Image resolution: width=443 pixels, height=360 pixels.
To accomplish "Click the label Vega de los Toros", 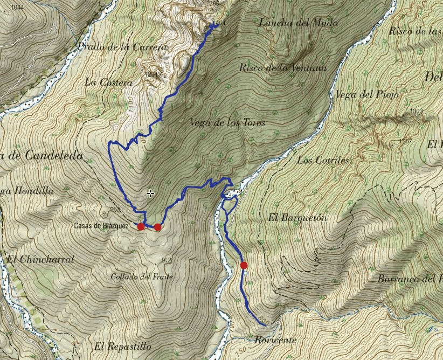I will pos(227,123).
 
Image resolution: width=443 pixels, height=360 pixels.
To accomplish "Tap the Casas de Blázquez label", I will pos(101,226).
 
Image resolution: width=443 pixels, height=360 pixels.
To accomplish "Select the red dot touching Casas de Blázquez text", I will pos(141,226).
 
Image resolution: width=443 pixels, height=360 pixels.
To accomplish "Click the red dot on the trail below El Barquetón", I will pos(244,265).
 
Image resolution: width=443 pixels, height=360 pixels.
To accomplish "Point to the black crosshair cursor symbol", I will pos(150,193).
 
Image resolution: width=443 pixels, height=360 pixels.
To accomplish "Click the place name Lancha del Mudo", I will pos(298,23).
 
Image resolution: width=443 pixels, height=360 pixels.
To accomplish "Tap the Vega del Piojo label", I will pos(366,95).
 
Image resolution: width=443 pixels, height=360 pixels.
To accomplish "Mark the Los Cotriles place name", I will pos(323,161).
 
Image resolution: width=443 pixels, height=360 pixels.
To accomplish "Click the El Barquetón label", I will pos(297,218).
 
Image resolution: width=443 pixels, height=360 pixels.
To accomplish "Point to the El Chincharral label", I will pos(40,259).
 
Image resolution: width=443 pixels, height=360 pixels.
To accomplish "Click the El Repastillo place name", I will pos(122,346).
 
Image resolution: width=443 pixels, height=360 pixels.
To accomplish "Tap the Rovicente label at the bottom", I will pos(276,340).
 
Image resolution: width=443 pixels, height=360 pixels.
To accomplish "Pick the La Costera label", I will pos(108,82).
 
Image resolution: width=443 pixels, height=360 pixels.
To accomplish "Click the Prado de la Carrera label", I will pos(123,47).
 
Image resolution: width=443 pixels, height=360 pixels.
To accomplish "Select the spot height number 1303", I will pos(416,111).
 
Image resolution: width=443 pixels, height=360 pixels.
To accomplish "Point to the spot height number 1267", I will pos(407,141).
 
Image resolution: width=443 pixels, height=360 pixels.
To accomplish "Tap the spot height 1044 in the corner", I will pos(17,7).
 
